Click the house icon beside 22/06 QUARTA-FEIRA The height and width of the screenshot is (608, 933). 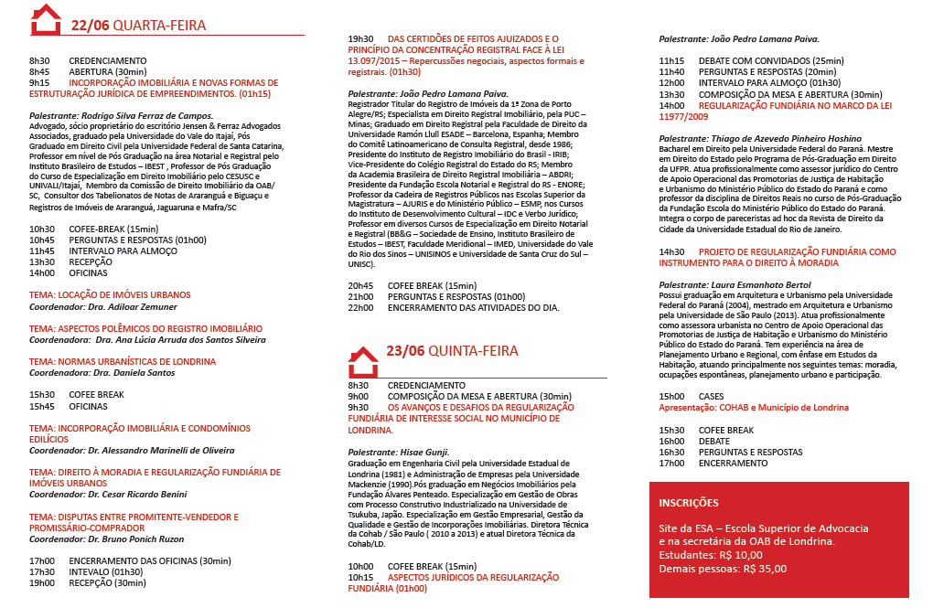coord(46,20)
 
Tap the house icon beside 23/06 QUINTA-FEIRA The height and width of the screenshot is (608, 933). coord(363,360)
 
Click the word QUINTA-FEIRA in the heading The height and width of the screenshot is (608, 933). coord(472,350)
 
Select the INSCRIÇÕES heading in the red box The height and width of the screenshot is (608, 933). coord(689,503)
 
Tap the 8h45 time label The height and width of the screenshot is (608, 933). coord(39,71)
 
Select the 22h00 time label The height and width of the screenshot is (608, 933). coord(360,308)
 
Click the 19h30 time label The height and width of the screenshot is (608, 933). coord(360,39)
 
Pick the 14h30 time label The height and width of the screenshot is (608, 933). coord(671,251)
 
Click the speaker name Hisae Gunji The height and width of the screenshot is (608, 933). coord(424,453)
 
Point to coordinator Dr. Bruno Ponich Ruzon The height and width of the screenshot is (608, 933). coord(140,539)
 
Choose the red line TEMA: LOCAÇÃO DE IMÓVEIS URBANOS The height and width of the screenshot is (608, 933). coord(110,295)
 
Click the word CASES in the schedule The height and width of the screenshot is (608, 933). coord(711,396)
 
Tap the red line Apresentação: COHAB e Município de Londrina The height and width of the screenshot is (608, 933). coord(754,407)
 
